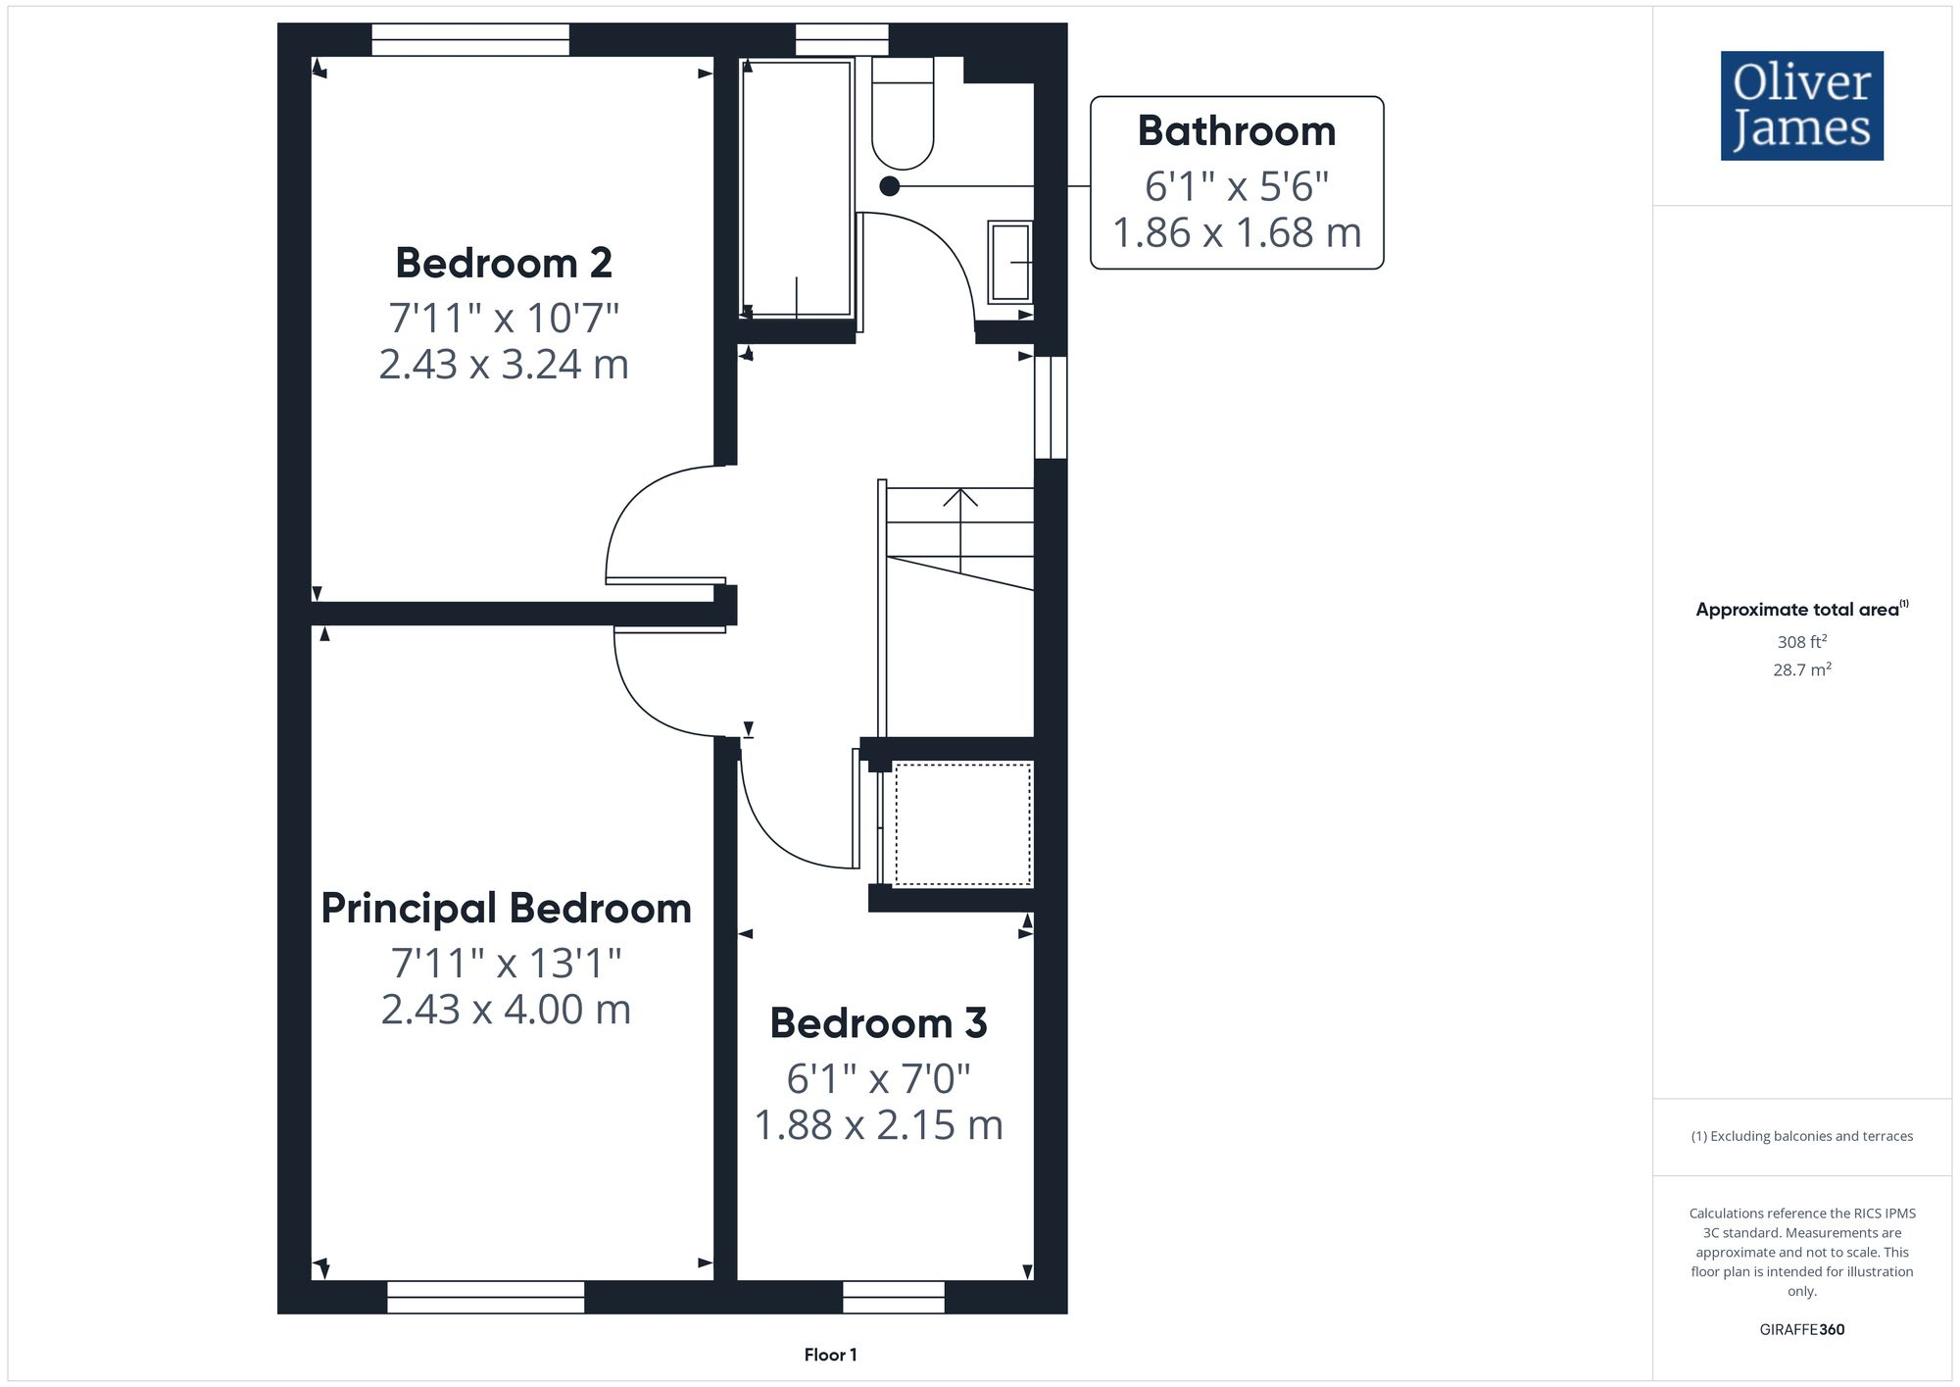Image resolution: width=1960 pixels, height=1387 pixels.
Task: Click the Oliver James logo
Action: point(1801,106)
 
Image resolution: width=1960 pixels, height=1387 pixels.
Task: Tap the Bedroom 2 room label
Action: point(504,263)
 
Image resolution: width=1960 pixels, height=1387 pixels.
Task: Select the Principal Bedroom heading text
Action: point(506,908)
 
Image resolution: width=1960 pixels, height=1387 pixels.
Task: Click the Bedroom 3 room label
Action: point(878,1023)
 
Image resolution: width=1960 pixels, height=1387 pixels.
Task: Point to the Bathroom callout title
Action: point(1236,131)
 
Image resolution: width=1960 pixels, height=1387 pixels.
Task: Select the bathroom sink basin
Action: point(1009,262)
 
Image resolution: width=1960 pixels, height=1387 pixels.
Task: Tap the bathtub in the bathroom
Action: point(797,188)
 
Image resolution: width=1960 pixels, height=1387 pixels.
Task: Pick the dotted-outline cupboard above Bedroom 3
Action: point(962,824)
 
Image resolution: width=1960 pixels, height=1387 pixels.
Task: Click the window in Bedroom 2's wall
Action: point(470,40)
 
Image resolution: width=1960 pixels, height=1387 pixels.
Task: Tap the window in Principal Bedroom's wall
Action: point(485,1297)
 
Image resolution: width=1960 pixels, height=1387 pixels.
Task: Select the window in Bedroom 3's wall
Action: point(893,1297)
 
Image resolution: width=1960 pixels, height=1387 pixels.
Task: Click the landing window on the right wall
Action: point(1051,407)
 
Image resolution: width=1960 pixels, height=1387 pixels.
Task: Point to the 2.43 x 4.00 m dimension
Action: point(506,1010)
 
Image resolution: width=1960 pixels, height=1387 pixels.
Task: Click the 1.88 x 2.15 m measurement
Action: point(878,1125)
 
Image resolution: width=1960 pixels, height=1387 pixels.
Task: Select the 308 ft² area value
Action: point(1801,642)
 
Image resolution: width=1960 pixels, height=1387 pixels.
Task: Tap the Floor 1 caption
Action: point(830,1355)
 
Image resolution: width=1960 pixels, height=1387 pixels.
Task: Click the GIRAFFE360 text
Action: point(1801,1329)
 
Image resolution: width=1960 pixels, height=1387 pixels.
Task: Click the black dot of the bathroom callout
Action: point(890,186)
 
